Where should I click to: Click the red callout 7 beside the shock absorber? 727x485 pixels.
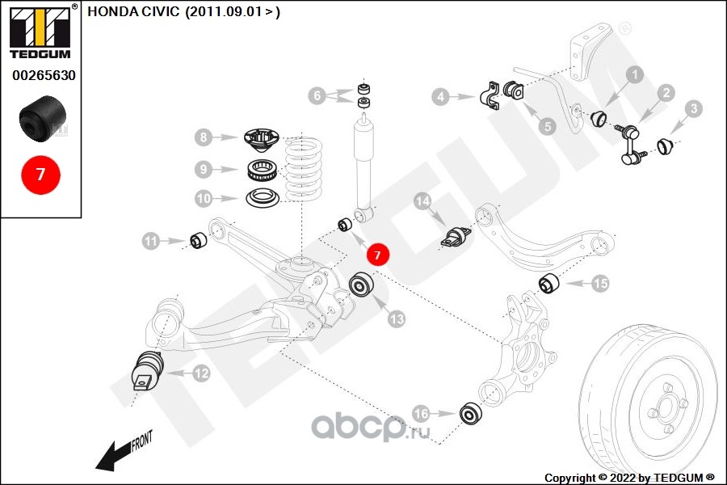click(x=377, y=255)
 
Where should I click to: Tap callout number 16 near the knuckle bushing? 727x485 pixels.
click(x=421, y=413)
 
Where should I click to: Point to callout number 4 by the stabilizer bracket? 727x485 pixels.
click(x=439, y=98)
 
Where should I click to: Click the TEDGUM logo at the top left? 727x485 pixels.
click(x=40, y=32)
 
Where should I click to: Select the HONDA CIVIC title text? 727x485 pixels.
click(x=183, y=12)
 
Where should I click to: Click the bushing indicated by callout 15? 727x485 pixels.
click(x=549, y=284)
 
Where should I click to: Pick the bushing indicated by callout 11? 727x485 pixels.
click(x=198, y=240)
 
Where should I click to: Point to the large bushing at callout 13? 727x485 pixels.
click(x=361, y=286)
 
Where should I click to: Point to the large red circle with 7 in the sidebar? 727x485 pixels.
click(x=40, y=173)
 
